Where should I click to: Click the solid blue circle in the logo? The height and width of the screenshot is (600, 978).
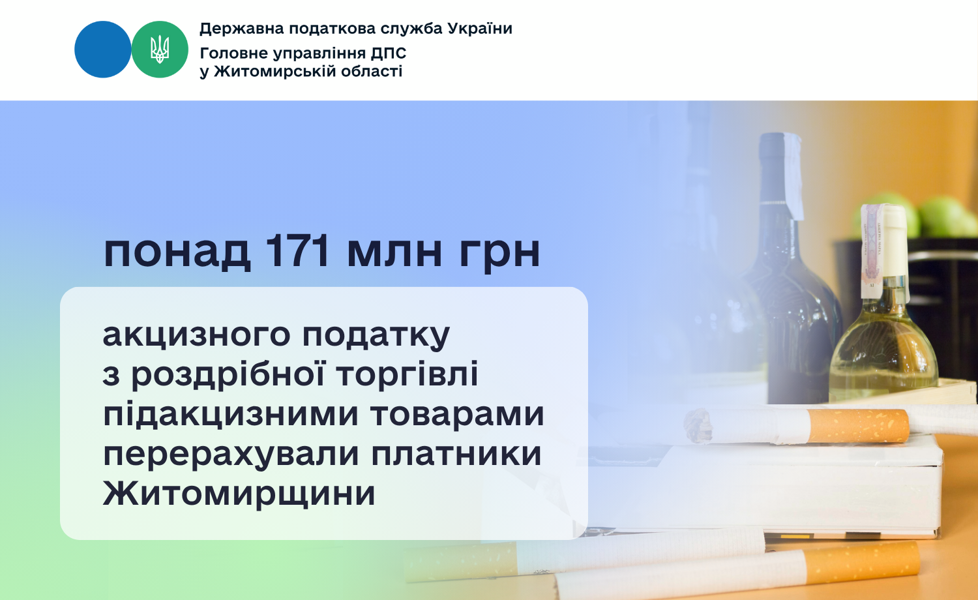tap(102, 50)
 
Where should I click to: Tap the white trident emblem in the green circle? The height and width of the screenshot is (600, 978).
tap(160, 50)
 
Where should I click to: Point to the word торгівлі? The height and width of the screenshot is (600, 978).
tap(407, 374)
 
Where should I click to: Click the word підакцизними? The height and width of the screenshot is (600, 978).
tap(231, 415)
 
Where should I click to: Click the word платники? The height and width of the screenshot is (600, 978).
tap(456, 454)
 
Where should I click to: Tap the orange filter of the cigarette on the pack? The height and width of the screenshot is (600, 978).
tap(859, 426)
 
